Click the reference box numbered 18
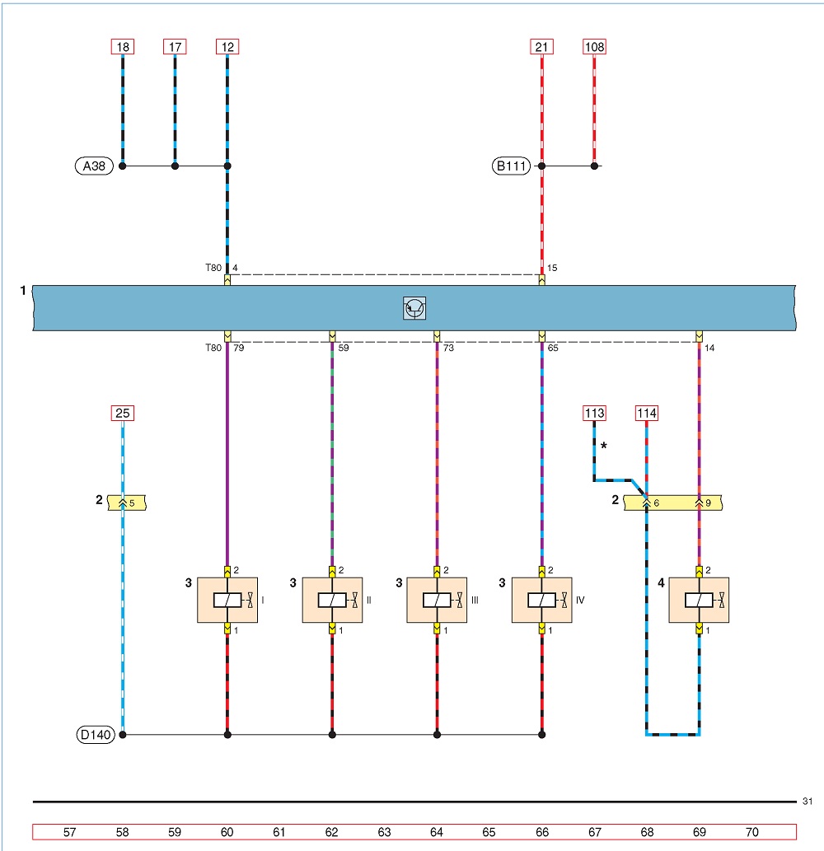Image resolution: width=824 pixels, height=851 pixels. [x=123, y=47]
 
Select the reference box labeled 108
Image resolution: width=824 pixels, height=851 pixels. [x=594, y=47]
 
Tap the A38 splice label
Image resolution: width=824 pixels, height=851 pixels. [x=94, y=166]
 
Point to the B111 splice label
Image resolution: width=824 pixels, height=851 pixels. [x=511, y=166]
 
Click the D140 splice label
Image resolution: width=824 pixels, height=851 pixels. [x=96, y=735]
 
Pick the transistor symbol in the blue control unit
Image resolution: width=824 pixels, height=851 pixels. [x=414, y=308]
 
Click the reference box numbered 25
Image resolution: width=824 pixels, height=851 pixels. [x=123, y=413]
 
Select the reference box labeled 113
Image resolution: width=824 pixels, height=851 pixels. [x=594, y=413]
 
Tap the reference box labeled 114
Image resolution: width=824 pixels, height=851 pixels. [x=647, y=413]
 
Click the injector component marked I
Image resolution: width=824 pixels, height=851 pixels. [x=227, y=601]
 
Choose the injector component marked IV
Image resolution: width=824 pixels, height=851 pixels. [x=541, y=601]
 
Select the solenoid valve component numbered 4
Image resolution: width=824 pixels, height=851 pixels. [x=699, y=601]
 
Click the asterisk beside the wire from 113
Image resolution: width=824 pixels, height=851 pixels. [x=604, y=447]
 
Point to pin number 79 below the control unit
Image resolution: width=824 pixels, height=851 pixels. [x=239, y=348]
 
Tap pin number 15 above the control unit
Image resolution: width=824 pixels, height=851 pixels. [x=552, y=268]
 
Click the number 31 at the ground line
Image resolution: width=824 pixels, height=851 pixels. [x=808, y=801]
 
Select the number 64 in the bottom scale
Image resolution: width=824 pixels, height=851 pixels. [x=437, y=832]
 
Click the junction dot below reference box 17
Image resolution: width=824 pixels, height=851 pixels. [x=175, y=166]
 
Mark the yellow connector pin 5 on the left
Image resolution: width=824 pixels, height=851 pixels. [x=127, y=503]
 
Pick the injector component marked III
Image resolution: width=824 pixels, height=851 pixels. [x=437, y=601]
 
